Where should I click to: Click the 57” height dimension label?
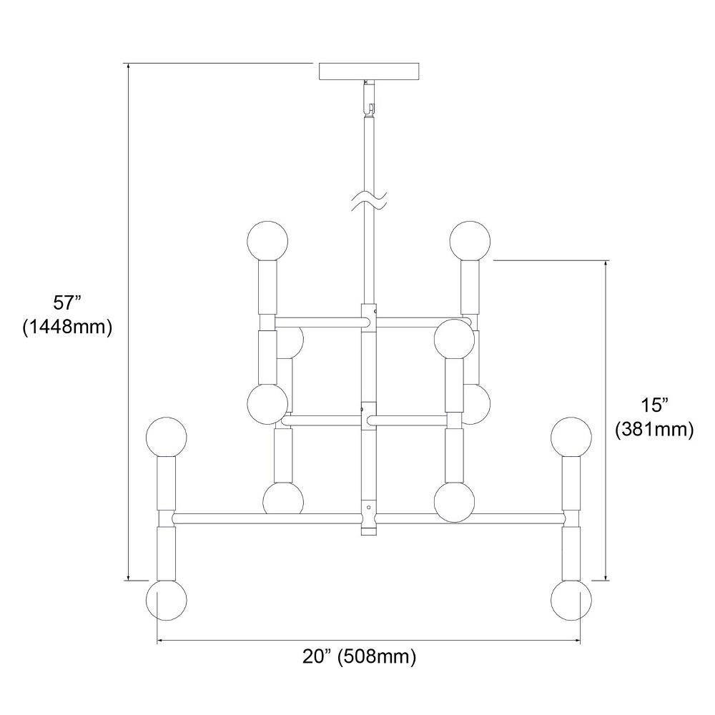[67, 302]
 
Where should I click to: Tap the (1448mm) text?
[67, 327]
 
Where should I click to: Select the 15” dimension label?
[654, 405]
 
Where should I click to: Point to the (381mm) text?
[654, 429]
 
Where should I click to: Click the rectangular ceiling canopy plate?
[369, 71]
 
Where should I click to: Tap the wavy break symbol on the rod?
[369, 201]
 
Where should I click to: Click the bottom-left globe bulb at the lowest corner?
[167, 600]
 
